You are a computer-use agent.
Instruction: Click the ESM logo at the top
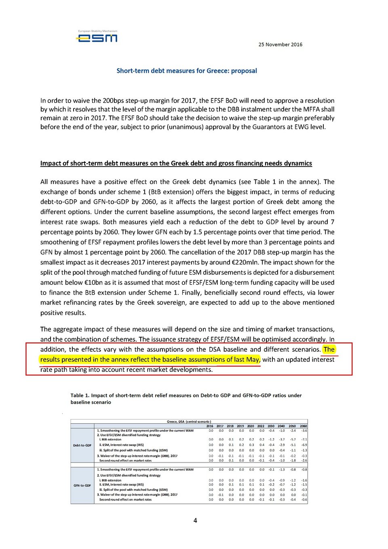[x=97, y=37]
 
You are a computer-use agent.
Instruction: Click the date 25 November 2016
[x=280, y=44]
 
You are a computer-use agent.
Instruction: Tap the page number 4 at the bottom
[x=195, y=521]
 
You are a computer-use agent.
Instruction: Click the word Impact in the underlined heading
[x=50, y=163]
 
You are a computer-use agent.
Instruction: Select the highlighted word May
[x=253, y=359]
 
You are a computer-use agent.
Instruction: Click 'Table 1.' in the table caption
[x=80, y=395]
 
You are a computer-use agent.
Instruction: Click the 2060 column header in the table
[x=303, y=426]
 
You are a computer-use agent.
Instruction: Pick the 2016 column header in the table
[x=210, y=426]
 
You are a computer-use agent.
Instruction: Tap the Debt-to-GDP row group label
[x=82, y=446]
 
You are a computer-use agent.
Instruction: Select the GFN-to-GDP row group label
[x=82, y=486]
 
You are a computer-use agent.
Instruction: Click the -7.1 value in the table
[x=304, y=439]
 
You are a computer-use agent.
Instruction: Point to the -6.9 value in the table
[x=304, y=445]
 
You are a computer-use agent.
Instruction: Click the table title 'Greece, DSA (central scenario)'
[x=189, y=422]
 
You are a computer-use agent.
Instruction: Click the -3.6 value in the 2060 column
[x=304, y=431]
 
